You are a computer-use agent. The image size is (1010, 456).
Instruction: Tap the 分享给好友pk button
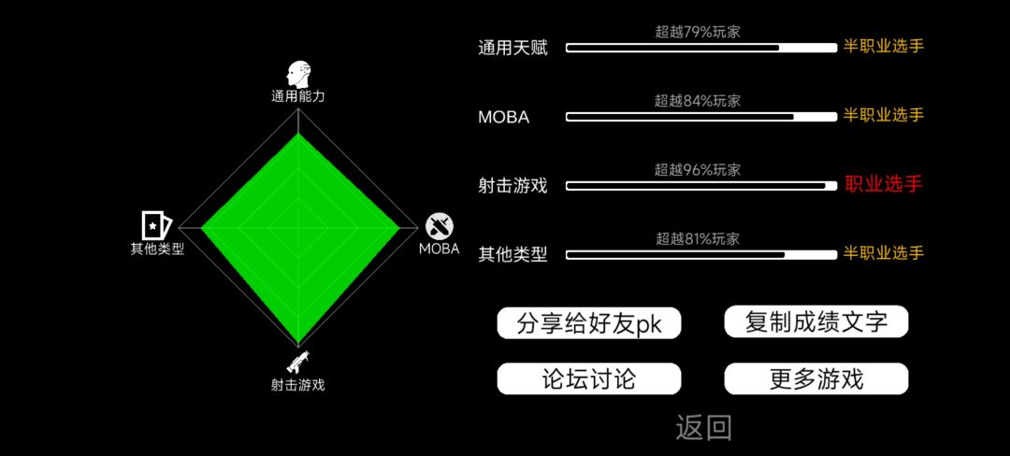coord(589,323)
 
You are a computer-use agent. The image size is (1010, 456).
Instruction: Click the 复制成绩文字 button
coord(816,321)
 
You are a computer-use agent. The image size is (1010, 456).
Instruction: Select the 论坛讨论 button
coord(589,378)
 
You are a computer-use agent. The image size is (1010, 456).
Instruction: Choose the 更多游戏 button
coord(816,378)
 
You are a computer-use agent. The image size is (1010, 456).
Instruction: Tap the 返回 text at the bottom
coord(703,428)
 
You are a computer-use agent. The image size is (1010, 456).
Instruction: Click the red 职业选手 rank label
coord(884,185)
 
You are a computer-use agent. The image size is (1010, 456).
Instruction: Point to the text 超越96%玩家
coord(698,170)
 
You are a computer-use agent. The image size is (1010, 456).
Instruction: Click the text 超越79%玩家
coord(698,32)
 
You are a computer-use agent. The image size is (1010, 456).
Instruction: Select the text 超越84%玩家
coord(698,100)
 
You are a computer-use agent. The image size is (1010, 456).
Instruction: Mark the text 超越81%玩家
coord(698,239)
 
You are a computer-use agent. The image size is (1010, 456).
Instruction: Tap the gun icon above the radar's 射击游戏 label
coord(297,363)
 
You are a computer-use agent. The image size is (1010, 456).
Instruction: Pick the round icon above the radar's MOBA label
coord(440,226)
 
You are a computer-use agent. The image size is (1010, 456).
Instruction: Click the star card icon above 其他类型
coord(156,224)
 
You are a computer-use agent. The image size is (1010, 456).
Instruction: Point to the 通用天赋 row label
coord(512,49)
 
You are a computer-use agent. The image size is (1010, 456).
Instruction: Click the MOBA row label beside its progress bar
coord(504,118)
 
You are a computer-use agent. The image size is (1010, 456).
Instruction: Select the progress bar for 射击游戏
coord(701,186)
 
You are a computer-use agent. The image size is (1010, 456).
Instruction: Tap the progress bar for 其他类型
coord(701,255)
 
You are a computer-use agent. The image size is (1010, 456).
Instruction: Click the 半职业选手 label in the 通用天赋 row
coord(884,47)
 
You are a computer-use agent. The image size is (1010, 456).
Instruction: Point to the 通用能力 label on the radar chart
coord(297,97)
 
